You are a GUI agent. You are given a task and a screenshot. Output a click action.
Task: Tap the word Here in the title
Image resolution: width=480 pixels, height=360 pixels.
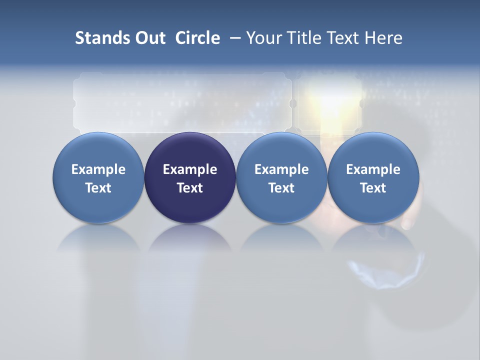tap(384, 38)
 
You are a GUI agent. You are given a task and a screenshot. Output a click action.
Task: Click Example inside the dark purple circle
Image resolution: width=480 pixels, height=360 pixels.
tap(190, 169)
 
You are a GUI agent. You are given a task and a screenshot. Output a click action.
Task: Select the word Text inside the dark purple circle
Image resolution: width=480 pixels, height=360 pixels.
tap(190, 188)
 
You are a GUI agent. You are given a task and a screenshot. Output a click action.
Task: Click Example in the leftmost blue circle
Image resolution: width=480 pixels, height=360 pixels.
tap(98, 169)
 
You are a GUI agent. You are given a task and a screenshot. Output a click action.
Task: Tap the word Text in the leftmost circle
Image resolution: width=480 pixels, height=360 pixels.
tap(98, 188)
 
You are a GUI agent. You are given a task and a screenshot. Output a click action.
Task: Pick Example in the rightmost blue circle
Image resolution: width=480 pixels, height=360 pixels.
tap(373, 169)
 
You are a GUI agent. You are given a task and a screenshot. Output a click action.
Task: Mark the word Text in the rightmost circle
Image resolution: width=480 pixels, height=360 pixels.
tap(373, 188)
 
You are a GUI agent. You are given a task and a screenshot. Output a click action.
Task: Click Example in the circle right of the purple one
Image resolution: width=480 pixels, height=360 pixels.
tap(281, 169)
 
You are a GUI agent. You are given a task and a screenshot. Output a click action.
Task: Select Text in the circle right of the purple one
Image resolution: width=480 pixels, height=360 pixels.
tap(281, 188)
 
